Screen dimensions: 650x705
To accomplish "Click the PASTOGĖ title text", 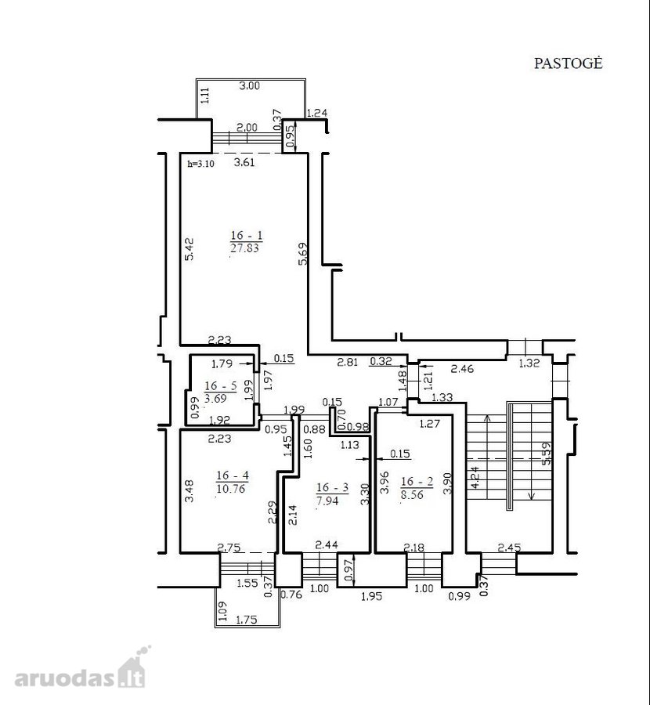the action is tap(568, 63).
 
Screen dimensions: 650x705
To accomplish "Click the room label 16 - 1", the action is tap(247, 235).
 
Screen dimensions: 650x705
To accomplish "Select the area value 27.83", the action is tap(245, 248).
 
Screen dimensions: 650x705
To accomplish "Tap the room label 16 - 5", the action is tap(220, 385).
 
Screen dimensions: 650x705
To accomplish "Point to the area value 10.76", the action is tap(231, 488).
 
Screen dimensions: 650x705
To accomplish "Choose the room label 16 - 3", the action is tap(332, 487).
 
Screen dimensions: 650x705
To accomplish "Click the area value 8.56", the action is tap(413, 494).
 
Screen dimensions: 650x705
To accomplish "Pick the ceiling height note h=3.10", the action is tap(201, 164).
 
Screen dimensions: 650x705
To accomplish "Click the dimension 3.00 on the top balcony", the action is tap(249, 85).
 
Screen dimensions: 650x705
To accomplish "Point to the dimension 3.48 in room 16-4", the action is tap(190, 491).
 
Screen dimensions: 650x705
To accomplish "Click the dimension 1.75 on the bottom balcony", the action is tap(247, 620).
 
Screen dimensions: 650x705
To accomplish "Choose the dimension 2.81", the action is tap(348, 361).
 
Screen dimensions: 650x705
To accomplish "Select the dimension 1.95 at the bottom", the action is tap(372, 596).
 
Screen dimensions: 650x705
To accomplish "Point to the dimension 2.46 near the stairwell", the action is tap(462, 369).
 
